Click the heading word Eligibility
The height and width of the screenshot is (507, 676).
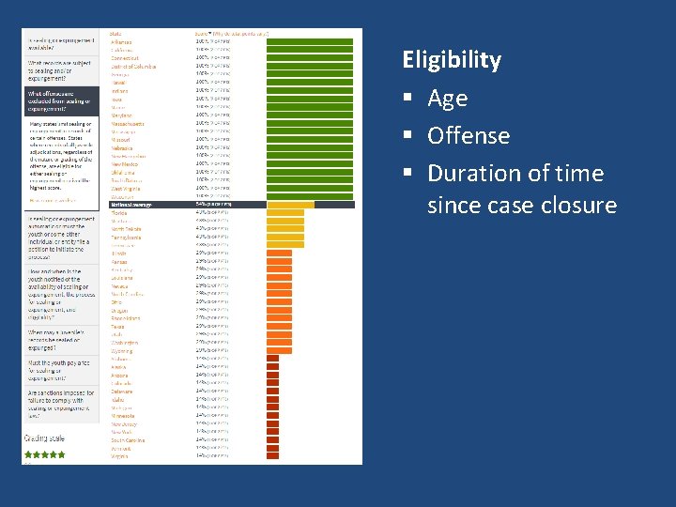(452, 60)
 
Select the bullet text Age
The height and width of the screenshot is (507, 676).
(447, 98)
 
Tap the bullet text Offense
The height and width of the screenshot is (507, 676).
(468, 135)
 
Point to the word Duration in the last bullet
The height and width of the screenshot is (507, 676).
(468, 173)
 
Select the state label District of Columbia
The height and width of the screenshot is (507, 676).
(133, 67)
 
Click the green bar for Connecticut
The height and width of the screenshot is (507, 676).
(310, 58)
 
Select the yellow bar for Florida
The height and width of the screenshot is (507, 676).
(290, 213)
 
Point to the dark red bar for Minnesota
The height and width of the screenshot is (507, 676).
(272, 416)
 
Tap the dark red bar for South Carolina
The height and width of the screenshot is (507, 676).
(272, 439)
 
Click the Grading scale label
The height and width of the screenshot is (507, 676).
(45, 438)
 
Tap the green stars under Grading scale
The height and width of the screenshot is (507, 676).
(44, 454)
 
